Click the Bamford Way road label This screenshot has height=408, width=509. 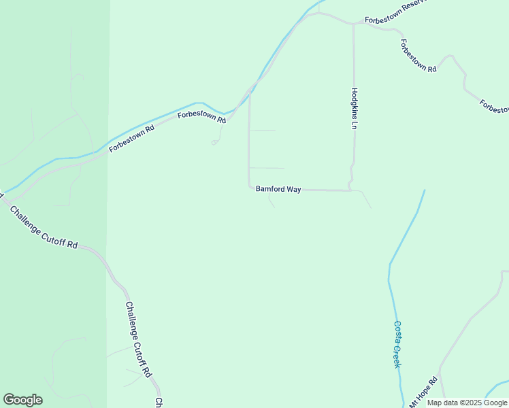(278, 190)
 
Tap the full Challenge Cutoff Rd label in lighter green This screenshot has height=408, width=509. (137, 339)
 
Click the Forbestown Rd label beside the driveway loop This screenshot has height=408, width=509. (201, 116)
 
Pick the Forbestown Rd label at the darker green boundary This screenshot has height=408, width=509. (131, 137)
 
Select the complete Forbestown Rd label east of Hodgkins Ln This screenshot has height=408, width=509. (418, 56)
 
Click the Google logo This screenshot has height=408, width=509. (22, 400)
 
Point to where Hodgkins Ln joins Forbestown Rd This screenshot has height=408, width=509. (353, 25)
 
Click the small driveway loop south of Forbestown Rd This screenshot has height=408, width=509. (214, 142)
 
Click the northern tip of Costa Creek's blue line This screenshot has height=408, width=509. (425, 190)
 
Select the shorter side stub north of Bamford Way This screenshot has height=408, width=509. (263, 130)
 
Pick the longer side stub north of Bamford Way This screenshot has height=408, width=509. (267, 167)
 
